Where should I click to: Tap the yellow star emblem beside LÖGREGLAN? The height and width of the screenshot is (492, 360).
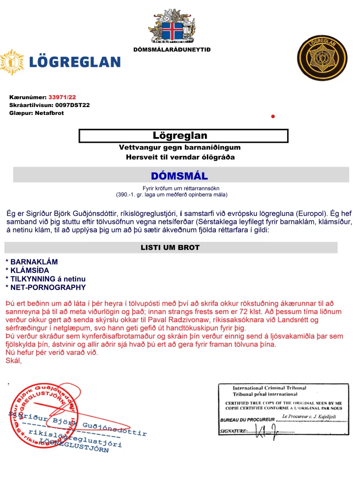12,62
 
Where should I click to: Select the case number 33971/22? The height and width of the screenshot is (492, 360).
62,97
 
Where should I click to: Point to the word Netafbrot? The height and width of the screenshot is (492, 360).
49,113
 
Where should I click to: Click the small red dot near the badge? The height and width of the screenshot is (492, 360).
273,116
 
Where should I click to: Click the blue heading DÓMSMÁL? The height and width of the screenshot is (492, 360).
180,176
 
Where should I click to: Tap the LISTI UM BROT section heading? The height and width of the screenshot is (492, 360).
170,248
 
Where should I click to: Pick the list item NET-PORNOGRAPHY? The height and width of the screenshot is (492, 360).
48,288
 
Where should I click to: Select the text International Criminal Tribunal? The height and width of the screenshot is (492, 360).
269,388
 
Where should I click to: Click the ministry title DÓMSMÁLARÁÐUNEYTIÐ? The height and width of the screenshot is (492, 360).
172,49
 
